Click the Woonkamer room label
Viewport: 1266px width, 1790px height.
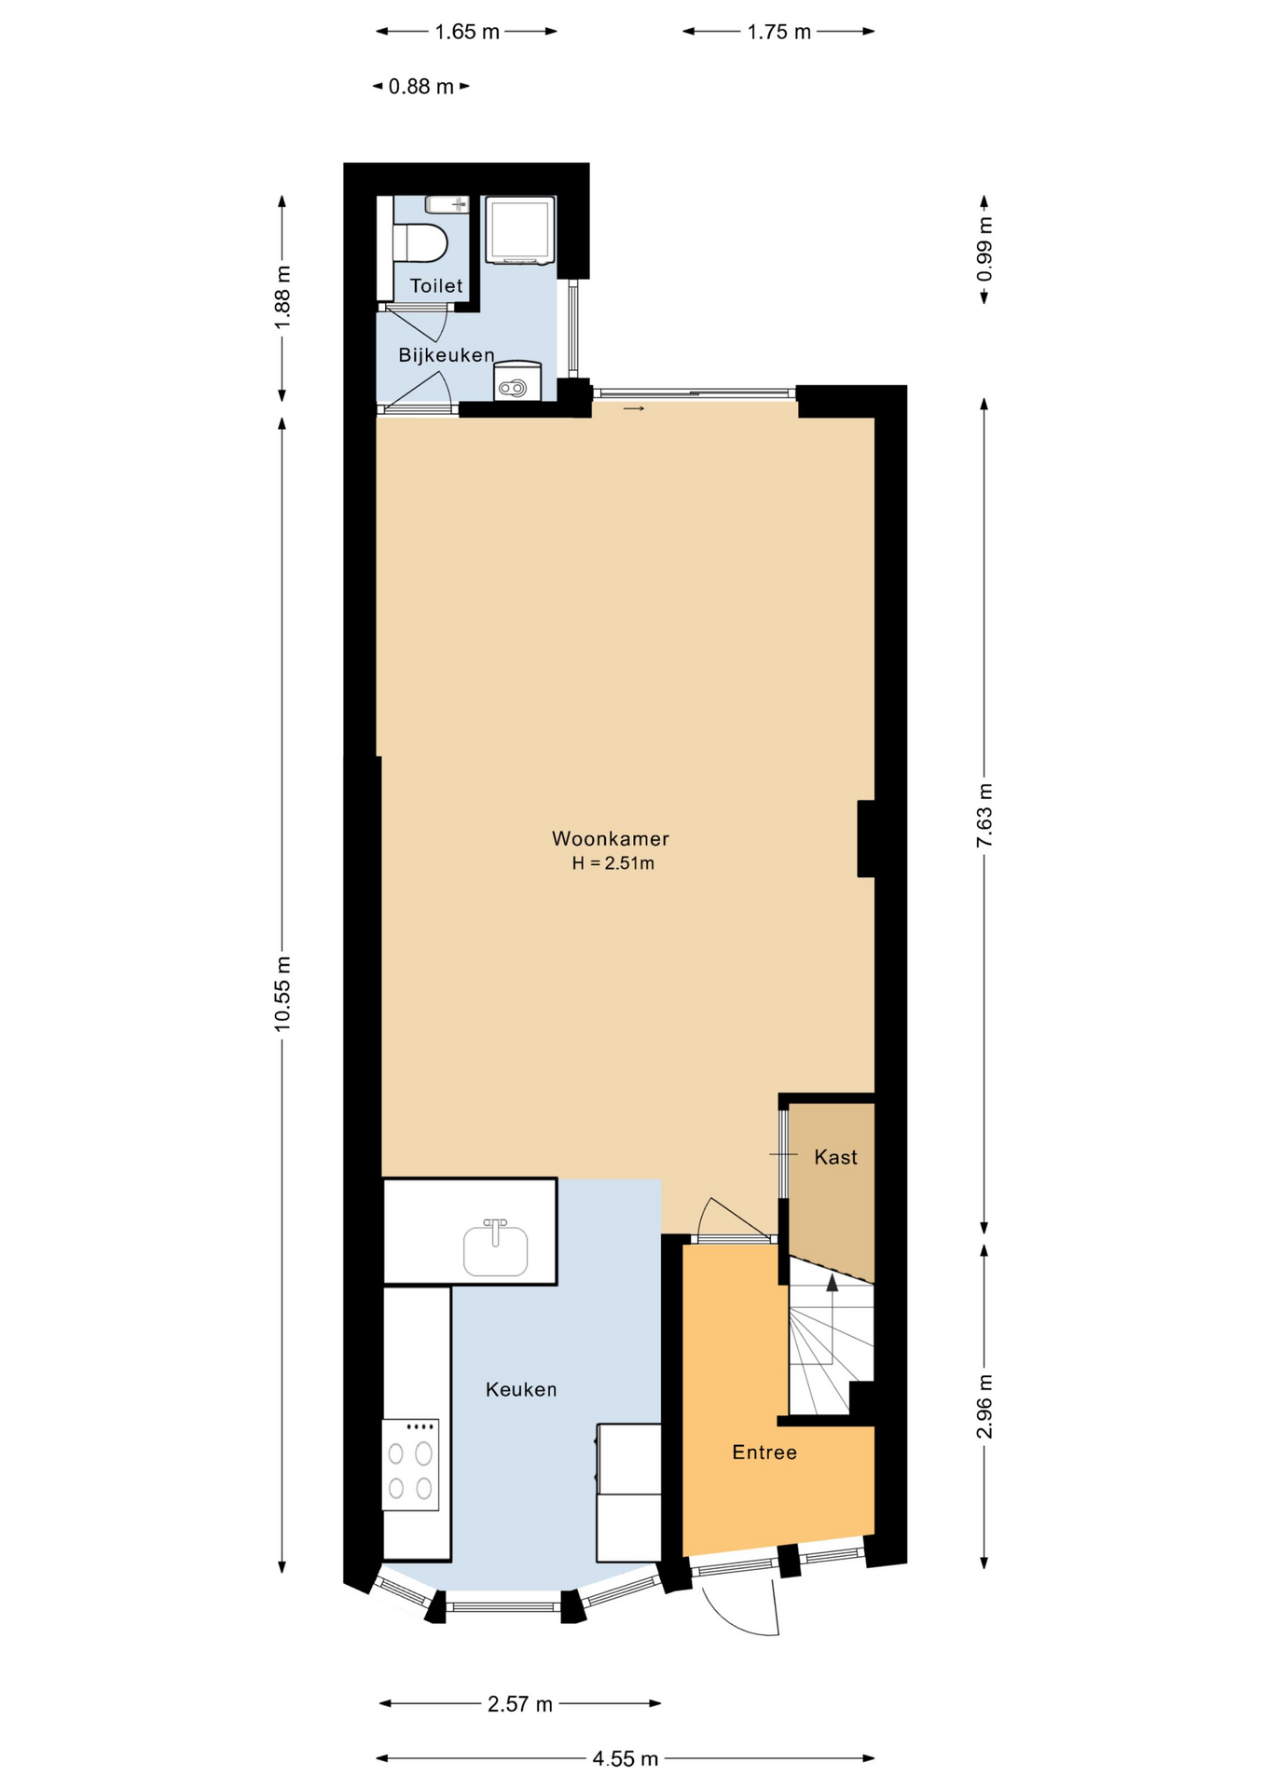point(610,838)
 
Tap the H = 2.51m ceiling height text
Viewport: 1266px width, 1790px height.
point(612,863)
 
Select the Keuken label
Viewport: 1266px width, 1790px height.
point(520,1389)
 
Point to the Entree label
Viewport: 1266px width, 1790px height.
point(764,1452)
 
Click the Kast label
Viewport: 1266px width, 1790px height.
point(835,1157)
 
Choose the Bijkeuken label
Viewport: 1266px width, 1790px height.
point(446,355)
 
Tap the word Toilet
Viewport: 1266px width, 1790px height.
point(436,285)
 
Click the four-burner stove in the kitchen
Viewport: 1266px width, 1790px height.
point(410,1465)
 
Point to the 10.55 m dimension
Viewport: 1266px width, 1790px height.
point(282,994)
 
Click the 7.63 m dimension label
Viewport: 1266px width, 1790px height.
point(984,816)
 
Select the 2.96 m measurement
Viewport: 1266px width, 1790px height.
point(984,1406)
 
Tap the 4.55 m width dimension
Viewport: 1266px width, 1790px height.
point(626,1758)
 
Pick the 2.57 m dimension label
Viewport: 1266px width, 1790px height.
point(520,1704)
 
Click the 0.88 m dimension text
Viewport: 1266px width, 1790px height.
point(421,87)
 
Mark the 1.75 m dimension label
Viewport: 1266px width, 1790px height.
point(779,32)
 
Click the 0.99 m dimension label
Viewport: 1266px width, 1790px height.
point(984,249)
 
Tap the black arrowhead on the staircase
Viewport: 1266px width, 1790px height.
point(832,1283)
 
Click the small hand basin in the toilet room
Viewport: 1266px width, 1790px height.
point(447,204)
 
